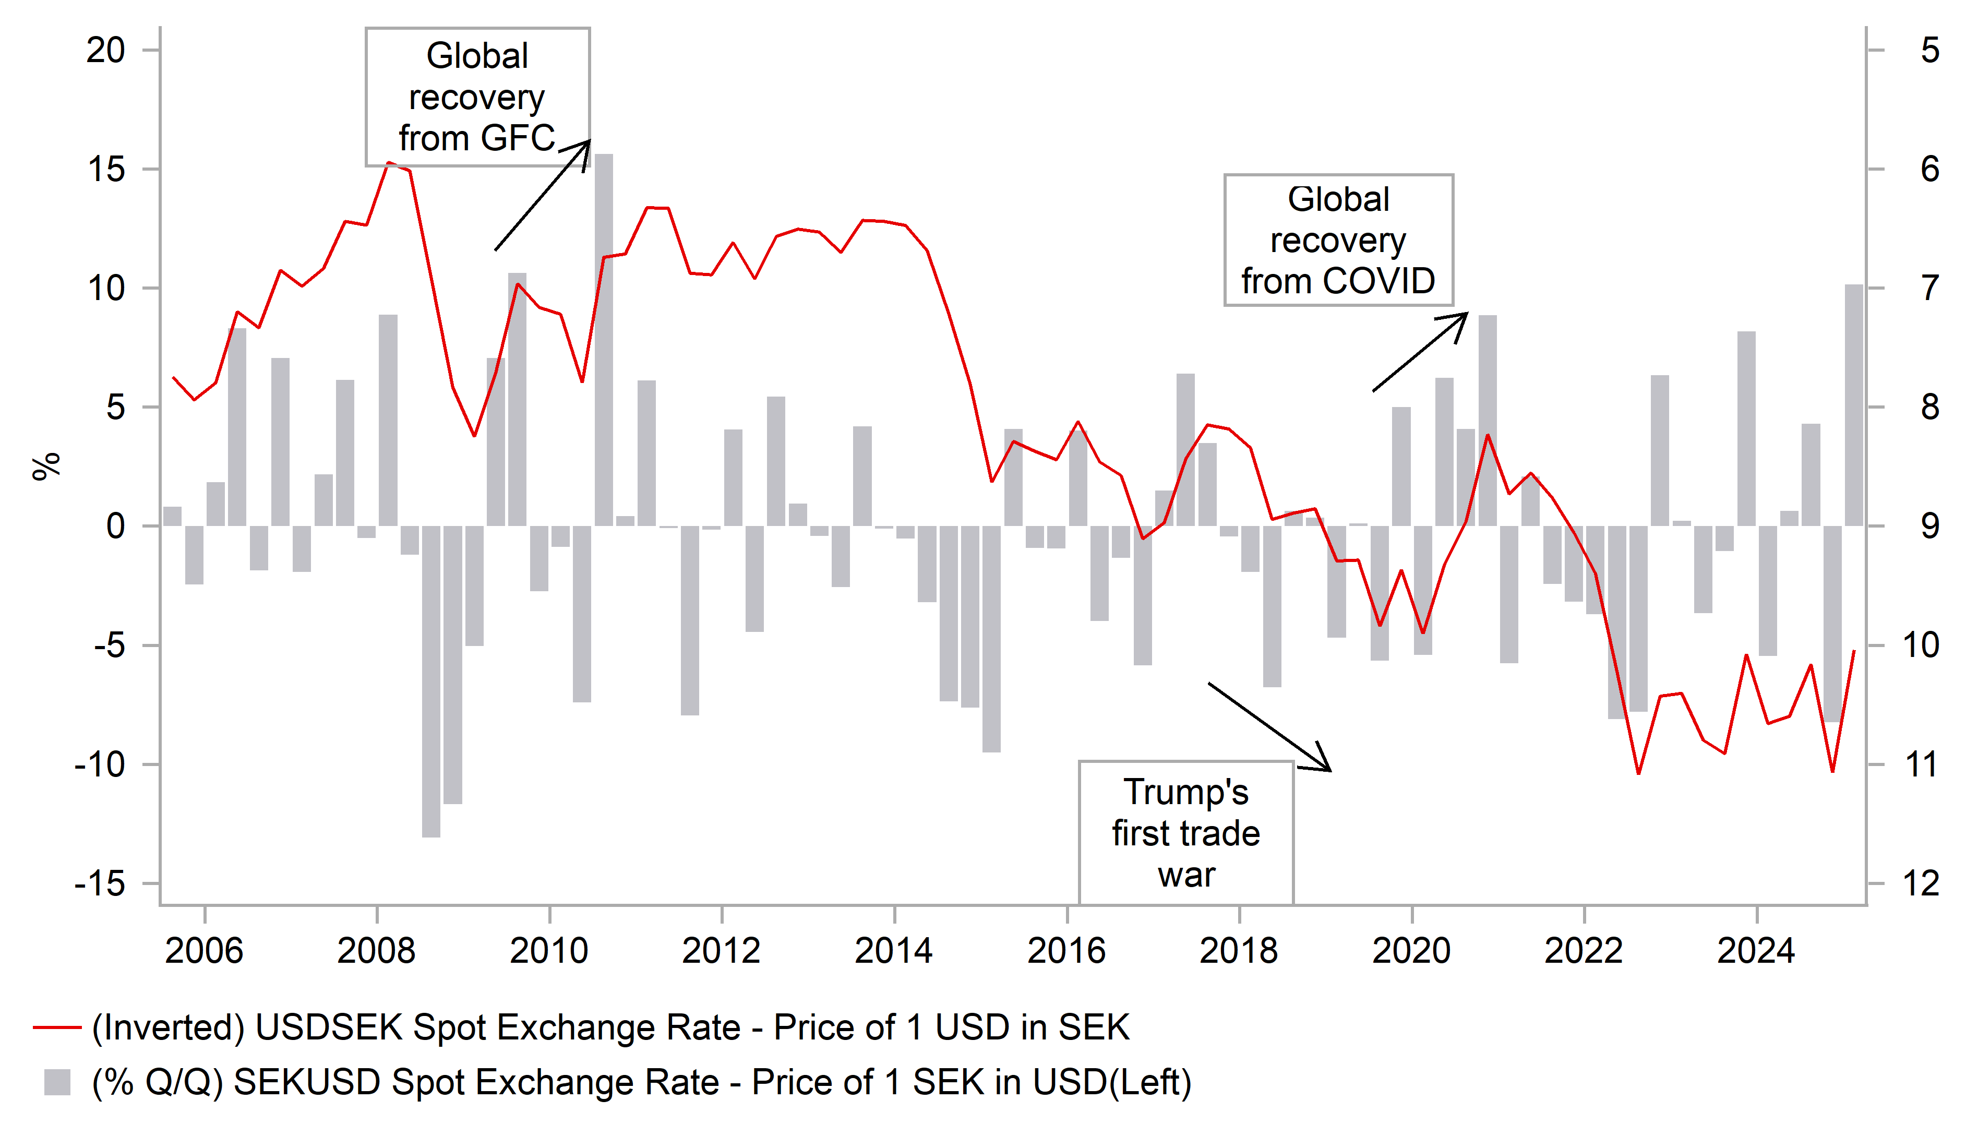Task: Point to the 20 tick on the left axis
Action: [106, 51]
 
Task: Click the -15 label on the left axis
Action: [100, 883]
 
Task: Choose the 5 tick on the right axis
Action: [1930, 51]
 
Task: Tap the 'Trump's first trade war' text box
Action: [1186, 833]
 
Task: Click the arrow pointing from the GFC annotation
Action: [542, 195]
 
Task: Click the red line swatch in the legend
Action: [57, 1028]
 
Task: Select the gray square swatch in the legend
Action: [57, 1082]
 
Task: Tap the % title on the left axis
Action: [45, 466]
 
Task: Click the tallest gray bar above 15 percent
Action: [603, 340]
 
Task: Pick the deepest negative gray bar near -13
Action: [430, 681]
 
